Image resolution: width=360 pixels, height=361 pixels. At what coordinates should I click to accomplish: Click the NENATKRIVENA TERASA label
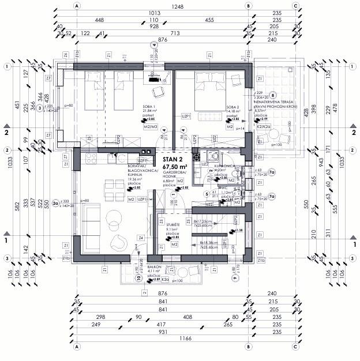click(x=274, y=100)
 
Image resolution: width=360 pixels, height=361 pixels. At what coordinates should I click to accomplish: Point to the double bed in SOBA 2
click(x=205, y=92)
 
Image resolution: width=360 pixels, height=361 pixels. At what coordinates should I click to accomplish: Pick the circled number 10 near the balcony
click(x=138, y=278)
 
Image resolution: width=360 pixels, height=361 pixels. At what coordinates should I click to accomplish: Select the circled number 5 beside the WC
click(x=208, y=194)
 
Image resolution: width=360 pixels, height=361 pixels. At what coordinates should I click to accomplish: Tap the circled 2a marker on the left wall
click(x=56, y=202)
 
